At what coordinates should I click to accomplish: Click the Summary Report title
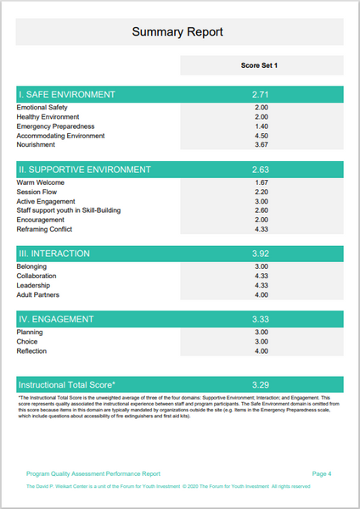[x=178, y=32]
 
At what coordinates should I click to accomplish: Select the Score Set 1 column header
[x=261, y=65]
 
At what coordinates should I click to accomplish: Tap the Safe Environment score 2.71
[x=261, y=94]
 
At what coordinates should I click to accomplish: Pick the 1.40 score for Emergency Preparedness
[x=261, y=126]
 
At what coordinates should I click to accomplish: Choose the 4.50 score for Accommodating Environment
[x=261, y=136]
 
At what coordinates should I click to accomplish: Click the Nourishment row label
[x=37, y=145]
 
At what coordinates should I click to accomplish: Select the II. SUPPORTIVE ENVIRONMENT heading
[x=84, y=170]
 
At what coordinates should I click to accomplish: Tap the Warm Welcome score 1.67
[x=261, y=183]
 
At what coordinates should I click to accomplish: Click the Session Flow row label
[x=37, y=193]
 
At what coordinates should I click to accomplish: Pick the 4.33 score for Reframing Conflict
[x=261, y=229]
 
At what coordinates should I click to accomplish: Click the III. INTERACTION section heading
[x=54, y=254]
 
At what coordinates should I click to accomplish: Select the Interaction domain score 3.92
[x=261, y=254]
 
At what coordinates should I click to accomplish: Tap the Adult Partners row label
[x=39, y=294]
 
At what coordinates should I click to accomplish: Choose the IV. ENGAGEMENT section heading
[x=58, y=319]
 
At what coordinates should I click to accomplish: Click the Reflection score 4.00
[x=261, y=351]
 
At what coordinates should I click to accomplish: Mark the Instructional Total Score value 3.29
[x=261, y=384]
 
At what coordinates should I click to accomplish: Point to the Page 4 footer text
[x=322, y=473]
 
